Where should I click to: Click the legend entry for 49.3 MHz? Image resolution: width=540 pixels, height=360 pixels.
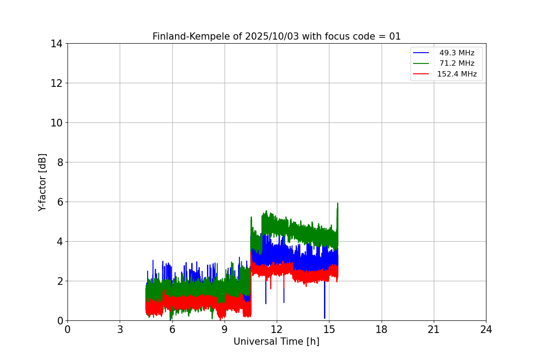tap(457, 53)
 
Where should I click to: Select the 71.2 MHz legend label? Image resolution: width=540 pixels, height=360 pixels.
tap(457, 63)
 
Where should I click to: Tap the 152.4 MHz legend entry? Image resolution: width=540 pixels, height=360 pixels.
tap(457, 74)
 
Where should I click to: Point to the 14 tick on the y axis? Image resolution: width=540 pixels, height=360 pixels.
tap(57, 44)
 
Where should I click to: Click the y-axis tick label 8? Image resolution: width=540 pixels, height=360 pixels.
tap(59, 162)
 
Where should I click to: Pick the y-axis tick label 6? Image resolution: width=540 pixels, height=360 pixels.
tap(59, 202)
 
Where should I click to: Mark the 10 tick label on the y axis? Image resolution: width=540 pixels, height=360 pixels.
tap(57, 123)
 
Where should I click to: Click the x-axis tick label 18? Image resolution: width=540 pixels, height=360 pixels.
tap(382, 329)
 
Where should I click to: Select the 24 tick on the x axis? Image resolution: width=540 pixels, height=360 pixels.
tap(486, 329)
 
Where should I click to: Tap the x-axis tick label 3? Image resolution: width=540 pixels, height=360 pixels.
tap(120, 329)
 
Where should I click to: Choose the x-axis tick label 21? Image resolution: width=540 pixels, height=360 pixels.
tap(434, 329)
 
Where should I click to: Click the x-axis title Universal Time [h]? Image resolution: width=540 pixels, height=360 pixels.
tap(276, 342)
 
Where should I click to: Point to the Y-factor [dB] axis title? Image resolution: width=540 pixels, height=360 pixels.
tap(43, 182)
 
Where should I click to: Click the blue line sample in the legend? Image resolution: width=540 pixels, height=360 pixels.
tap(421, 53)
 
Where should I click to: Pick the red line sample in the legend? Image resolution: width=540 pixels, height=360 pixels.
tap(421, 74)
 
